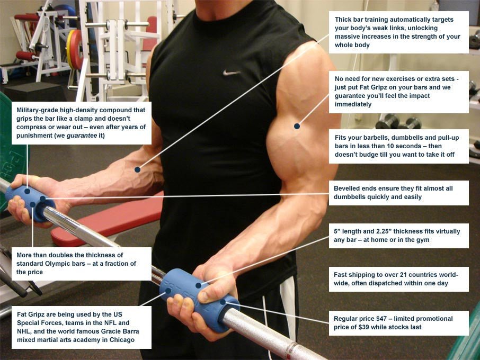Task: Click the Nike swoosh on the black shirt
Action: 232,72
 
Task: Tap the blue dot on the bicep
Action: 297,126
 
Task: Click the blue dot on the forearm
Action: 137,169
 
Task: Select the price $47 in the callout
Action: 384,319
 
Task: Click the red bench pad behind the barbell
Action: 106,222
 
